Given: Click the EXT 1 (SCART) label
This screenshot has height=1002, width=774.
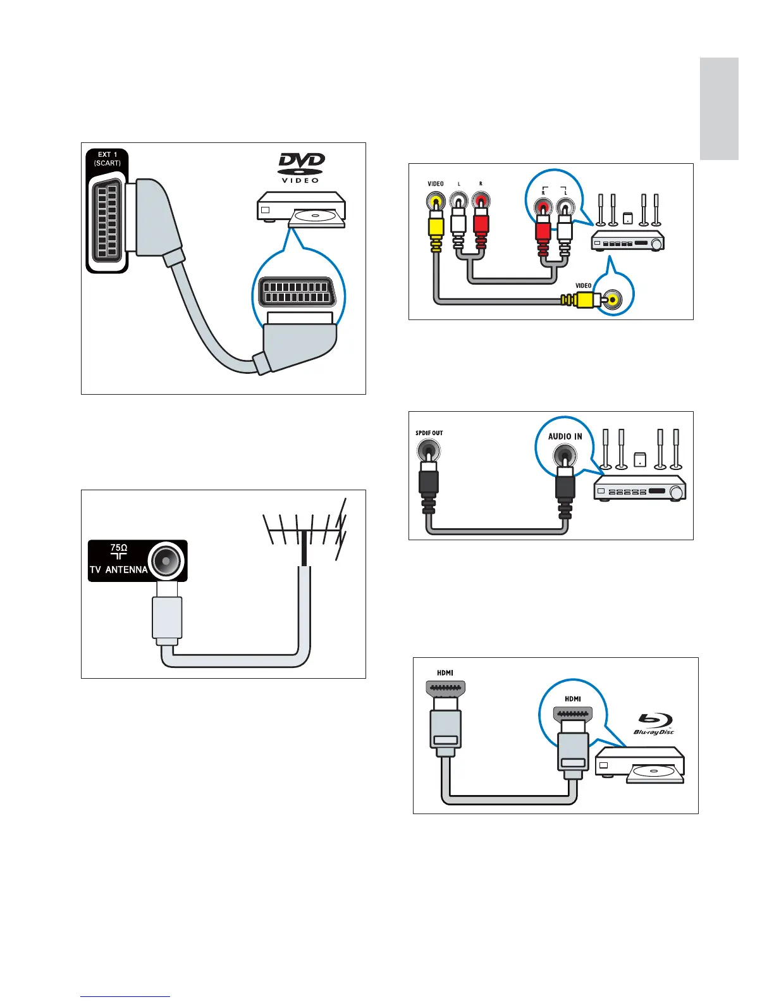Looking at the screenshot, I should pos(107,159).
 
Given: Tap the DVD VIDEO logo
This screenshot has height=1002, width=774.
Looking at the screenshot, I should pos(301,168).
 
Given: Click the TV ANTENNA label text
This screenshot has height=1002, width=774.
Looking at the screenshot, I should pos(119,569).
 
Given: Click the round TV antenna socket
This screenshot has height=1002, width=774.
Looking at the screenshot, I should pos(166,560).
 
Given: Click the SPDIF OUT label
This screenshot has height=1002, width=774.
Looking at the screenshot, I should pos(429,433).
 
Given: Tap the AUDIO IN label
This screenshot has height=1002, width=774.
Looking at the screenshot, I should pos(565,436).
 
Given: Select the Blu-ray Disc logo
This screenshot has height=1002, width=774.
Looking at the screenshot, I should pos(654,724).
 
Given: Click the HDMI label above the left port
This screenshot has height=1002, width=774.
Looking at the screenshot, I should pos(445,673).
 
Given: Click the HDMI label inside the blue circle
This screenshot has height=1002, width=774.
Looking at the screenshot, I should pos(573,699).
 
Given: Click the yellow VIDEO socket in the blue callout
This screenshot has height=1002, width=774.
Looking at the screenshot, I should pos(612,299).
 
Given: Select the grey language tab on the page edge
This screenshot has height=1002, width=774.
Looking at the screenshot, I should pos(719,109).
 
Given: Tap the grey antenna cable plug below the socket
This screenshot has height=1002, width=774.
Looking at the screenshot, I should pos(167,617).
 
